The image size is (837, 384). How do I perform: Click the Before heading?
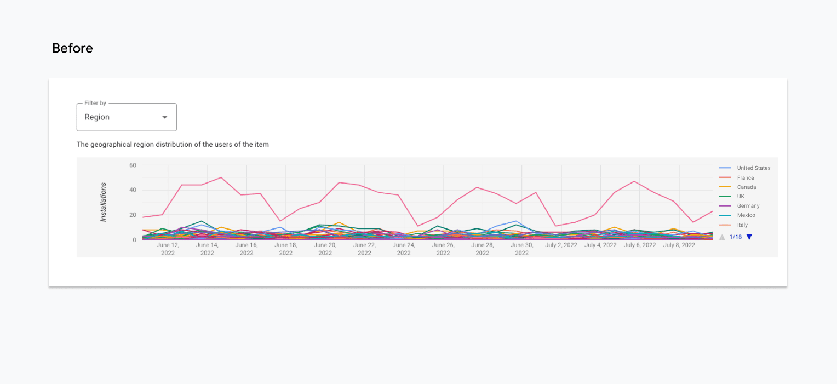click(x=72, y=48)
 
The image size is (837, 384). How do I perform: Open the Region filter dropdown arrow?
click(x=164, y=118)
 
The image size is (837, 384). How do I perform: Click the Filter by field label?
click(x=95, y=103)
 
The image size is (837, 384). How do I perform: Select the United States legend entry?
click(x=753, y=168)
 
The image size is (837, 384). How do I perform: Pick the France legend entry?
click(x=745, y=178)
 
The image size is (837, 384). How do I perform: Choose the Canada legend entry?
click(x=746, y=187)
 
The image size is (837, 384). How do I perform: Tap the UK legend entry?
click(x=741, y=197)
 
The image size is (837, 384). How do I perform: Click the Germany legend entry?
click(x=748, y=206)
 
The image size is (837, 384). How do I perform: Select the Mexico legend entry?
click(x=746, y=215)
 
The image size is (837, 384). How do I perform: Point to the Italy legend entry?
click(x=742, y=225)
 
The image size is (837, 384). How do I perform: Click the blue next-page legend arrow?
click(x=749, y=237)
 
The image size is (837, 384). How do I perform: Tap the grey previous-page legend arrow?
click(x=722, y=237)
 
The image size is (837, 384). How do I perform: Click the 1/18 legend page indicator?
click(x=736, y=237)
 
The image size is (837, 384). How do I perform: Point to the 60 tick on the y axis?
click(x=132, y=165)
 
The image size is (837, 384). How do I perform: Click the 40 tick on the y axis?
click(x=132, y=190)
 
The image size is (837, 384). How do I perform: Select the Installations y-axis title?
click(x=103, y=202)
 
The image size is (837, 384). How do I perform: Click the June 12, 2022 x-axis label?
click(x=168, y=249)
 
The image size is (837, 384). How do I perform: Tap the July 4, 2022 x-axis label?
click(x=600, y=245)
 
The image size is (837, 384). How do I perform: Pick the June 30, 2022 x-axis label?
click(x=521, y=249)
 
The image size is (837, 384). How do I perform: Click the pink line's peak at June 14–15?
click(x=221, y=177)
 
